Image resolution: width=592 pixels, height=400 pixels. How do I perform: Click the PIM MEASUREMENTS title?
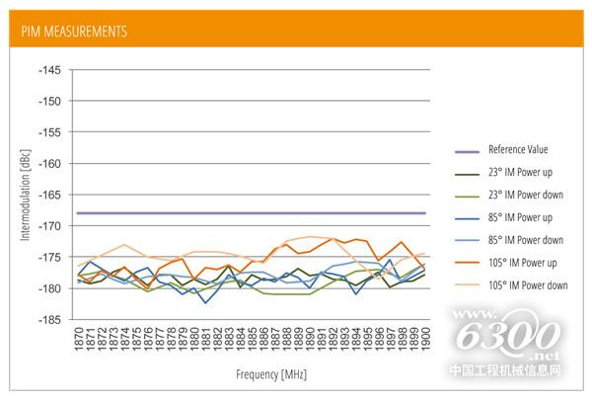click(x=75, y=32)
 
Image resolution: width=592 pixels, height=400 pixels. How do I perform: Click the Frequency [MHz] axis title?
click(x=251, y=375)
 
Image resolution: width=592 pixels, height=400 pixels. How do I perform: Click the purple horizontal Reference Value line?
click(x=247, y=212)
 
